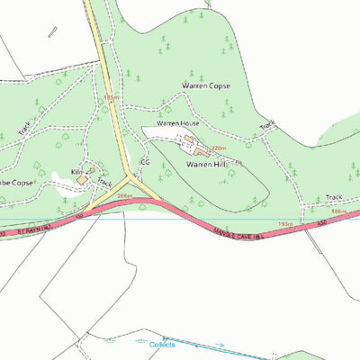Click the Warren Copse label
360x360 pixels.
pyautogui.click(x=207, y=86)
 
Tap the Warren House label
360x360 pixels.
pyautogui.click(x=177, y=122)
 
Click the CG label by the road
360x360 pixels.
pyautogui.click(x=143, y=164)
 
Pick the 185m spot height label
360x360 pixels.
pyautogui.click(x=112, y=96)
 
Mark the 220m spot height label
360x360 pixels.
pyautogui.click(x=217, y=147)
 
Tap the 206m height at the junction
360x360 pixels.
pyautogui.click(x=125, y=195)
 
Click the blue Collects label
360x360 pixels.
pyautogui.click(x=162, y=345)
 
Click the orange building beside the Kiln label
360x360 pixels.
pyautogui.click(x=83, y=180)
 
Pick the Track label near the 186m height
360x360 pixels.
pyautogui.click(x=334, y=196)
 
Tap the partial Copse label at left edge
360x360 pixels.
pyautogui.click(x=16, y=183)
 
